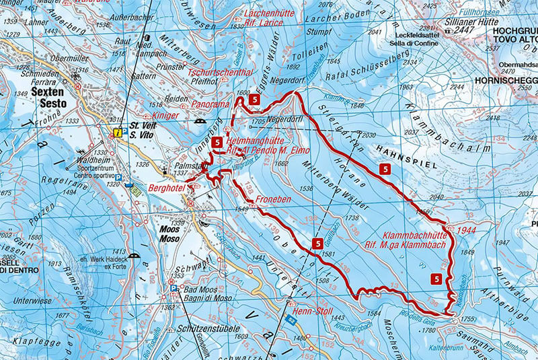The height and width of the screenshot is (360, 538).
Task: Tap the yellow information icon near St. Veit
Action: point(118,133)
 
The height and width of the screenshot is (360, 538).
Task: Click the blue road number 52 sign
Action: point(290,318)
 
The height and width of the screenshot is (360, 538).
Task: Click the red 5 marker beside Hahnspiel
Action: point(385,170)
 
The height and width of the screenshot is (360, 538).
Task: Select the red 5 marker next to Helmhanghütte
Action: point(217,143)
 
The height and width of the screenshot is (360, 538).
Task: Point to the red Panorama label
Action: point(211,105)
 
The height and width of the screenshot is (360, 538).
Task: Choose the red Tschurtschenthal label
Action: point(220,72)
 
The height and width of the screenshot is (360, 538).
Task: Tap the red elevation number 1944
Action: point(467,230)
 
